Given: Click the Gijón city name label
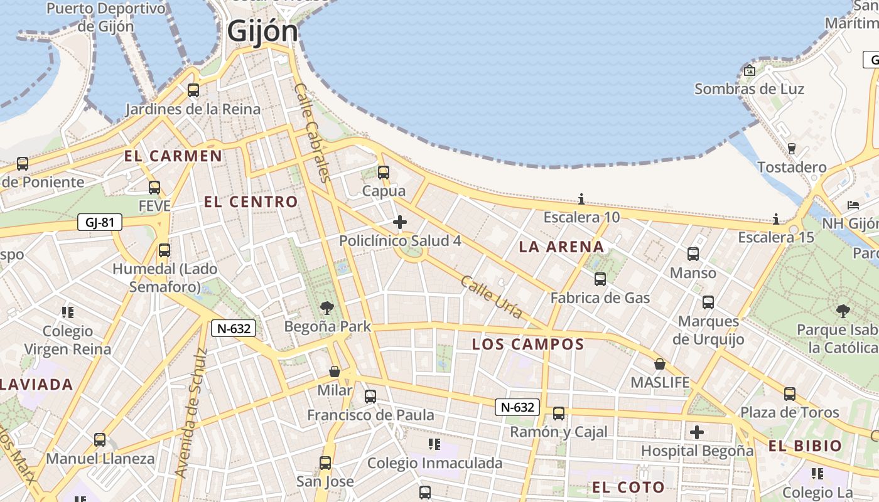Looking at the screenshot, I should coord(262,31).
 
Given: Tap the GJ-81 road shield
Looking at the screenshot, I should coord(100,222).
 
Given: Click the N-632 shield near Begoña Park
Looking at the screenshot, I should coord(233,328).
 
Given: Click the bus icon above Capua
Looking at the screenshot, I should coord(384,172).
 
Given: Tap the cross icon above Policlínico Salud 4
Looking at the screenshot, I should coord(400,222).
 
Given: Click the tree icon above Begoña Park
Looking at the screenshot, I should coord(327,307).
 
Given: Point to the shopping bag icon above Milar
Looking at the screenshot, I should coord(335,371).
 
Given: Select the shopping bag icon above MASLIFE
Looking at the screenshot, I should coord(660,364).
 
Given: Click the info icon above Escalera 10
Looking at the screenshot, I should coord(581,200).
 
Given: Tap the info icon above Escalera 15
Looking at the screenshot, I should coord(776,219).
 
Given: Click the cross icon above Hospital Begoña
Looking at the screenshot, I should coord(697,432).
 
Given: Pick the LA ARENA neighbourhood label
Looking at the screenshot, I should coord(561,247).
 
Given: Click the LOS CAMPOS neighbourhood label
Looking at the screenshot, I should coord(528,344).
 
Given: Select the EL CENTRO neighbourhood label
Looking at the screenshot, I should coord(251,202).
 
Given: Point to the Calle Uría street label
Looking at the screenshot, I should coord(491,297).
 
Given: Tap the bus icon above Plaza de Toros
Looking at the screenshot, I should coord(790,394).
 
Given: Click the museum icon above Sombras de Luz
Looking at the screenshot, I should coord(749,70).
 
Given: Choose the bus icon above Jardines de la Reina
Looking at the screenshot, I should coord(193,90).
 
